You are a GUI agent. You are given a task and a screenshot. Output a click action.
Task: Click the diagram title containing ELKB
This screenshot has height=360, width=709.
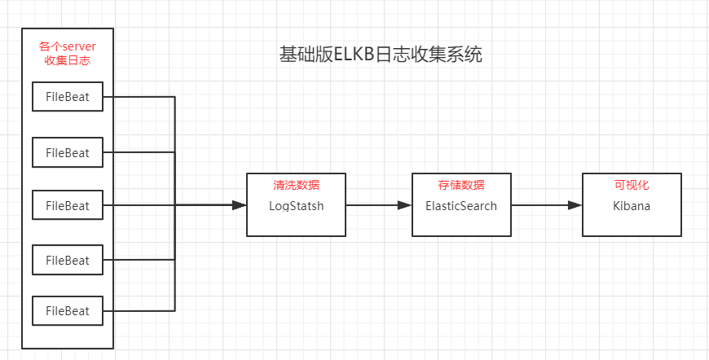pyautogui.click(x=381, y=55)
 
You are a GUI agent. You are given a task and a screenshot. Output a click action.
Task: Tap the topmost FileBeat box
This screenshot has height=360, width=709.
pyautogui.click(x=68, y=98)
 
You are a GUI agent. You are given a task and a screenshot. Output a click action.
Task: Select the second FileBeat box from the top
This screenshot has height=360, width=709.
pyautogui.click(x=68, y=152)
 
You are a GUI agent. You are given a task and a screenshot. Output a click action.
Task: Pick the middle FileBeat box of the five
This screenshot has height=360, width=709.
pyautogui.click(x=68, y=205)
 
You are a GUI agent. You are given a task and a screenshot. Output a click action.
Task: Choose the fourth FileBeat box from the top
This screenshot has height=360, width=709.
pyautogui.click(x=68, y=260)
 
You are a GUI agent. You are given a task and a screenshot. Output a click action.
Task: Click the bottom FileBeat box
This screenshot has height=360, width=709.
pyautogui.click(x=68, y=311)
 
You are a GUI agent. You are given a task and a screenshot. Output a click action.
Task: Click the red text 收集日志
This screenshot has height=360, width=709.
pyautogui.click(x=68, y=60)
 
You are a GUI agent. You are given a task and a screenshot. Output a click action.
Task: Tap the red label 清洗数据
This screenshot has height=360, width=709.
pyautogui.click(x=296, y=185)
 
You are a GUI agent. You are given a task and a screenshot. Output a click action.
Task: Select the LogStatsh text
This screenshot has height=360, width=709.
pyautogui.click(x=296, y=206)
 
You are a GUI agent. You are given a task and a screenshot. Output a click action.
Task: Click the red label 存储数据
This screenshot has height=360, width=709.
pyautogui.click(x=461, y=185)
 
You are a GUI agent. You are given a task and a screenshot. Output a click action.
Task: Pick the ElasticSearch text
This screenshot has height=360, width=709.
pyautogui.click(x=461, y=206)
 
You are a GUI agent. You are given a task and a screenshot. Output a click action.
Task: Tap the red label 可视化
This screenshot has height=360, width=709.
pyautogui.click(x=632, y=185)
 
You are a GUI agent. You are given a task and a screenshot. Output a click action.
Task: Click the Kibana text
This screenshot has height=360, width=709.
pyautogui.click(x=632, y=206)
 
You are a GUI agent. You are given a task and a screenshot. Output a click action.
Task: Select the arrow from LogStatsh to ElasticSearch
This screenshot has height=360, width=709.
pyautogui.click(x=379, y=205)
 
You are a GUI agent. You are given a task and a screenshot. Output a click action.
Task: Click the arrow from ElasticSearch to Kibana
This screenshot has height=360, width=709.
pyautogui.click(x=546, y=205)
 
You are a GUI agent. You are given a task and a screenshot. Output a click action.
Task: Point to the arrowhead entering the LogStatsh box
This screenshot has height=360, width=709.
pyautogui.click(x=240, y=205)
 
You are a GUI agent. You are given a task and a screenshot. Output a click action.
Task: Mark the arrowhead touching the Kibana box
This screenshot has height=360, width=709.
pyautogui.click(x=575, y=205)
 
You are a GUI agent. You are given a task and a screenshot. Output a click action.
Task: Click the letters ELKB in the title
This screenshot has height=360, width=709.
pyautogui.click(x=351, y=55)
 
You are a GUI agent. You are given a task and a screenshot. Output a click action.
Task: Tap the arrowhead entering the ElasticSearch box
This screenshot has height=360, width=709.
pyautogui.click(x=405, y=205)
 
